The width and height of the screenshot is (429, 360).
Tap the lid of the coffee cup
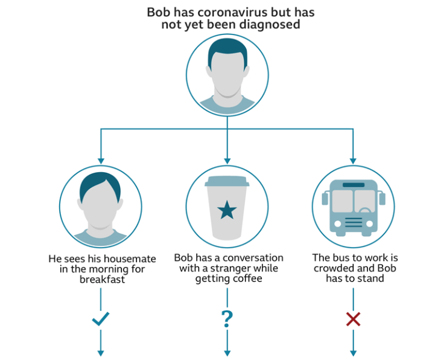227,181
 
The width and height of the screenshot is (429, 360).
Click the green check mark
101,319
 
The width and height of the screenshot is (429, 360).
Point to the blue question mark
227,318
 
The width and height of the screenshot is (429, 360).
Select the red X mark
353,318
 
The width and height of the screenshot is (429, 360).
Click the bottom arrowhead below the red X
353,352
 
